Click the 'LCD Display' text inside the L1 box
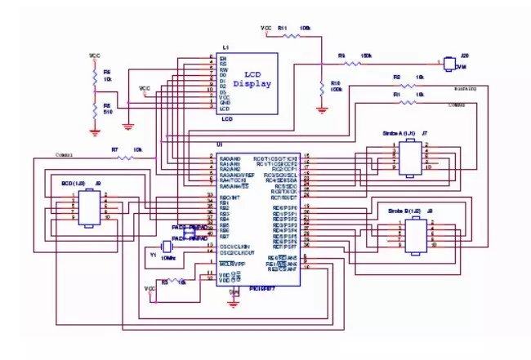pos(251,79)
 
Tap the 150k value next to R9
pos(366,56)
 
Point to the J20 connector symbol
pos(449,62)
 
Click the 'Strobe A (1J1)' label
pos(398,131)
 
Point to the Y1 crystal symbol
pos(168,247)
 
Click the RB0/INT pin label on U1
pos(230,197)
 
